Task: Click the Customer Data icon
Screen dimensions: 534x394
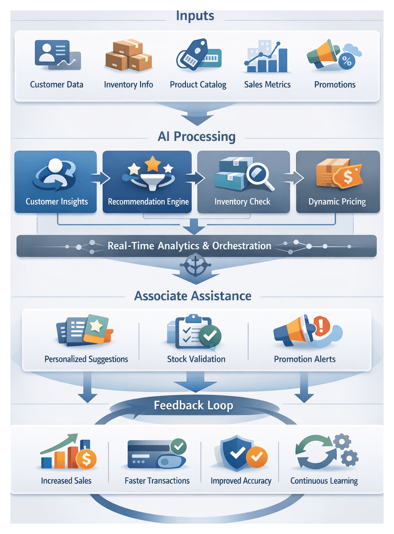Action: pos(57,55)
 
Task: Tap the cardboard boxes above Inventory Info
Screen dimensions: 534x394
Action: pos(128,55)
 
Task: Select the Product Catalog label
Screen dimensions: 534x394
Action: pos(198,85)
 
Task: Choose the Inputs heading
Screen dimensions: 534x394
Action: pos(195,16)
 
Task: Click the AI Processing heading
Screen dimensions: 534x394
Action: pos(196,137)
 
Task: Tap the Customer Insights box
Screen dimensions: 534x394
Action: pos(56,182)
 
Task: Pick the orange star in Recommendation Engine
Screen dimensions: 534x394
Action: pos(152,164)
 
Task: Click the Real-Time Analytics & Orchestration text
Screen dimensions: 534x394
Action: pos(189,246)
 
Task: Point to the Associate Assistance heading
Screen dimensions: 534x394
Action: pos(193,296)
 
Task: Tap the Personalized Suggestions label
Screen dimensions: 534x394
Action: pos(86,359)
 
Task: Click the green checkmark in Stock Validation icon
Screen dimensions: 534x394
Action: pos(210,337)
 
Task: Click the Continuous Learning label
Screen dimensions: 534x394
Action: pos(324,481)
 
